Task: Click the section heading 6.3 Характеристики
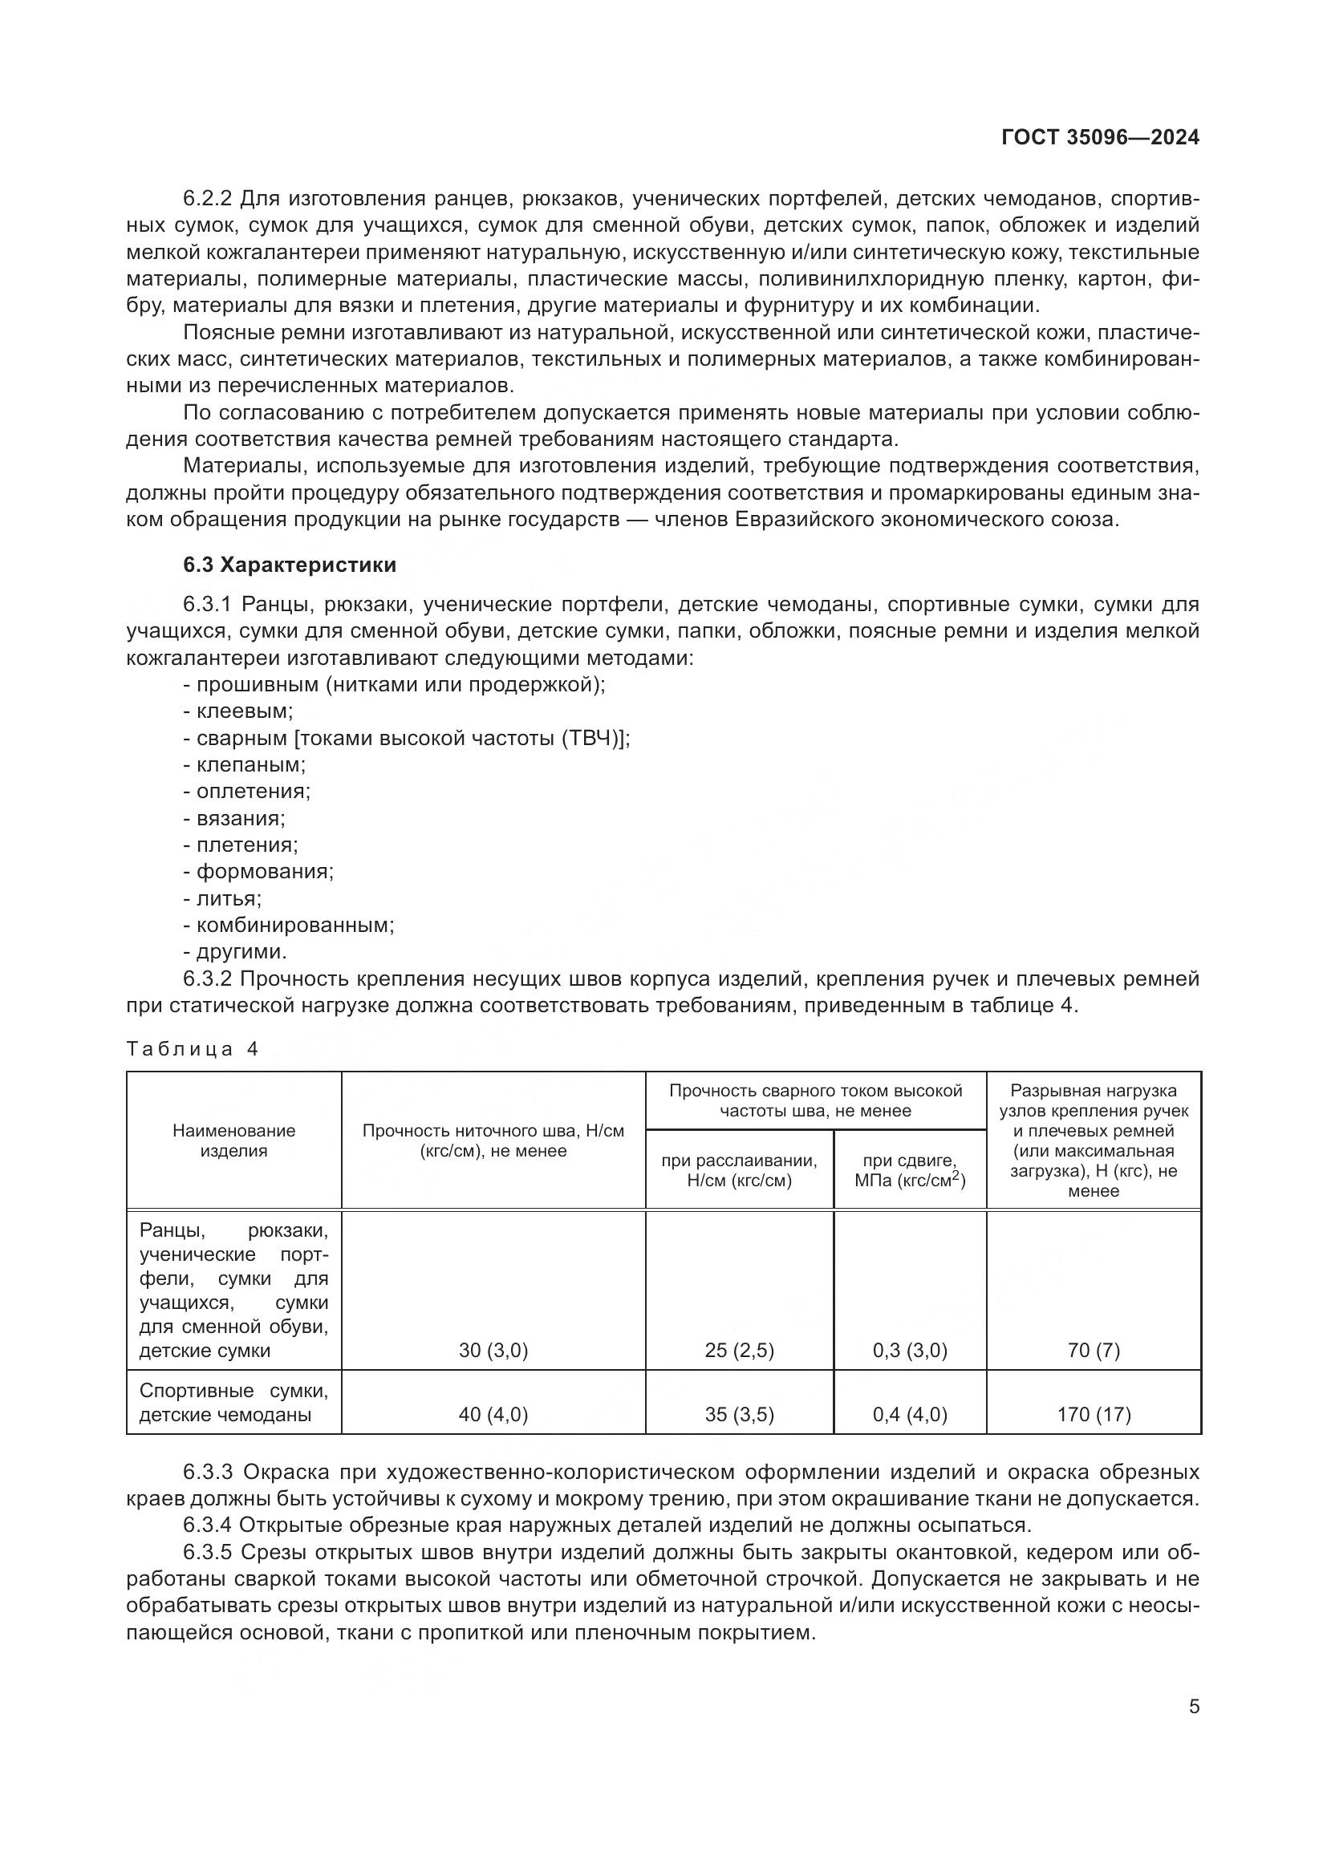coord(290,565)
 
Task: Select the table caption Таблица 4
coord(193,1050)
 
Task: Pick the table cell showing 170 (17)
coord(1094,1437)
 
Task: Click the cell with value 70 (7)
coord(1094,1351)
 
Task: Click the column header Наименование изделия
coord(233,1141)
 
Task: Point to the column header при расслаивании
coord(739,1171)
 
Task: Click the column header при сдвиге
coord(910,1171)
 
